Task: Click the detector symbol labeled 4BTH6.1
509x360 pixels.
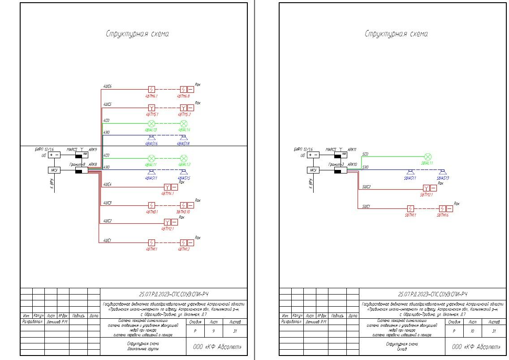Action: click(151, 90)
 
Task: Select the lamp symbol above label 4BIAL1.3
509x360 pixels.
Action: click(151, 124)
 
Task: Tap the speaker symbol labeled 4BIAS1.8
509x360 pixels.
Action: click(183, 138)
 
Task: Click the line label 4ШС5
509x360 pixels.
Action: click(108, 104)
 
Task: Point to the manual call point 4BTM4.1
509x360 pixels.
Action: click(167, 187)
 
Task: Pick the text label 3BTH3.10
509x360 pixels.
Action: click(184, 212)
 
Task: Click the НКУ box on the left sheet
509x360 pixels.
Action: click(54, 170)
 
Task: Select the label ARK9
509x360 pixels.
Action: click(93, 149)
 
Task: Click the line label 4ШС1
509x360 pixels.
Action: click(108, 241)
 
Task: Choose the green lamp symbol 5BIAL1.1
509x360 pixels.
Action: click(427, 156)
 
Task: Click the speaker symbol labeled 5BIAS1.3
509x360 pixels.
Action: click(442, 173)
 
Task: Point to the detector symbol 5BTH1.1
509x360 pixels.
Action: click(410, 209)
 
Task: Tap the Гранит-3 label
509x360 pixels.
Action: click(336, 165)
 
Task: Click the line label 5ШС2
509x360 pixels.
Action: click(367, 187)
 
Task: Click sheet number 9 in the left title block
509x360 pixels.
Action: click(216, 331)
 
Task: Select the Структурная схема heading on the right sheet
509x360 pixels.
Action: click(396, 34)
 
